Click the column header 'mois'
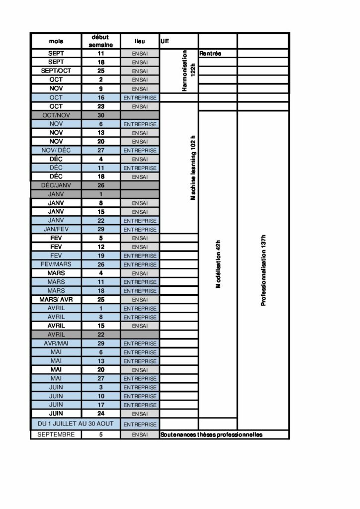click(x=56, y=41)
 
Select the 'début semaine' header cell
click(x=101, y=41)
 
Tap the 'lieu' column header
click(x=140, y=41)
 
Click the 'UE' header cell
click(x=165, y=41)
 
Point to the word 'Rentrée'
click(x=210, y=54)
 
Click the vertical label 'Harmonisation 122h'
click(x=189, y=71)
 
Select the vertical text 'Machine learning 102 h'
click(x=193, y=168)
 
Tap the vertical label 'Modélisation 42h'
click(x=218, y=264)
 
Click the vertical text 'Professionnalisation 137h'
click(x=264, y=270)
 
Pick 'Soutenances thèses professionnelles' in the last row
click(x=211, y=435)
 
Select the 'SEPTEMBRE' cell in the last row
click(x=56, y=434)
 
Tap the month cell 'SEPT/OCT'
click(x=56, y=71)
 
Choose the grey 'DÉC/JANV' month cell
click(x=56, y=185)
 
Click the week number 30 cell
click(x=101, y=115)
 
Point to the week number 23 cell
click(x=101, y=106)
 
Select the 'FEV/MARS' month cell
click(x=56, y=264)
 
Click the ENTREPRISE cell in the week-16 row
click(x=140, y=98)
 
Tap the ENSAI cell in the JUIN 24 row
click(x=140, y=414)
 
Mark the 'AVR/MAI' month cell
click(x=56, y=343)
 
